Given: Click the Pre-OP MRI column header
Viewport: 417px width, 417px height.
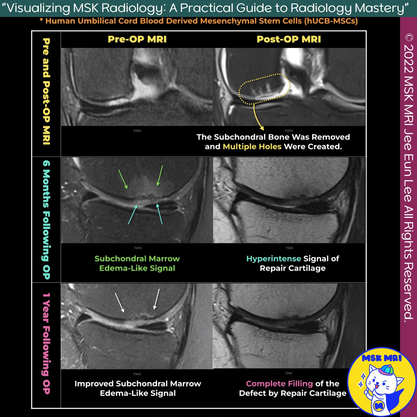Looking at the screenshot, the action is tap(137, 39).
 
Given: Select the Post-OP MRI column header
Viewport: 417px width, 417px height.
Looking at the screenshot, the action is tap(289, 39).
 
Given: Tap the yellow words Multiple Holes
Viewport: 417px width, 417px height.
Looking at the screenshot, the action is tap(252, 146).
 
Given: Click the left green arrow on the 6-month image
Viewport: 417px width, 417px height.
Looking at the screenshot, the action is tap(123, 179).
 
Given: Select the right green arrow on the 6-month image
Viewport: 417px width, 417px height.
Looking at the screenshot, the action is tap(160, 176).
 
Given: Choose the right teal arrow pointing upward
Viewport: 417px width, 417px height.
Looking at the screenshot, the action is tap(160, 214).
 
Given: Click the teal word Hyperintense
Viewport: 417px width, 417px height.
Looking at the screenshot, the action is tap(274, 259).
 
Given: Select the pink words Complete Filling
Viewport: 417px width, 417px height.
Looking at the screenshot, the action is tap(279, 384).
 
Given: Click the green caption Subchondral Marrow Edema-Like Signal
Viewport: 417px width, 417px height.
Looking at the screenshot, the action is tap(137, 263).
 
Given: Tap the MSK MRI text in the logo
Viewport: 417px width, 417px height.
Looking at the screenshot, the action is tap(382, 358).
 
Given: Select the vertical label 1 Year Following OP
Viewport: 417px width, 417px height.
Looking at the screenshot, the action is tap(46, 344).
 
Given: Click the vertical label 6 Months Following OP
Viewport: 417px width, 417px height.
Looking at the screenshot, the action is tap(46, 219).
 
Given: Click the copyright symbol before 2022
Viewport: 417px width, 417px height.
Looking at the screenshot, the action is tap(409, 38).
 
